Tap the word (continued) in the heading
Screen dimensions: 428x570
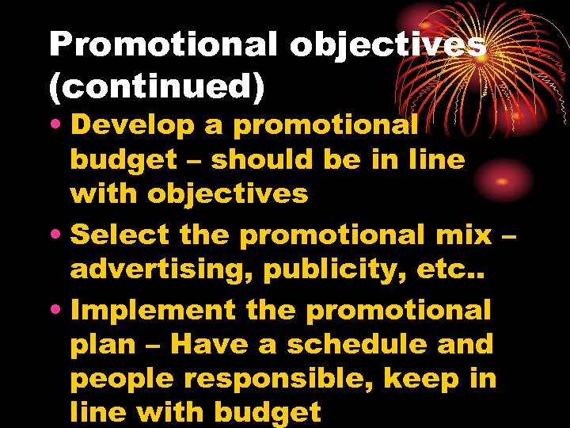pos(156,87)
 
